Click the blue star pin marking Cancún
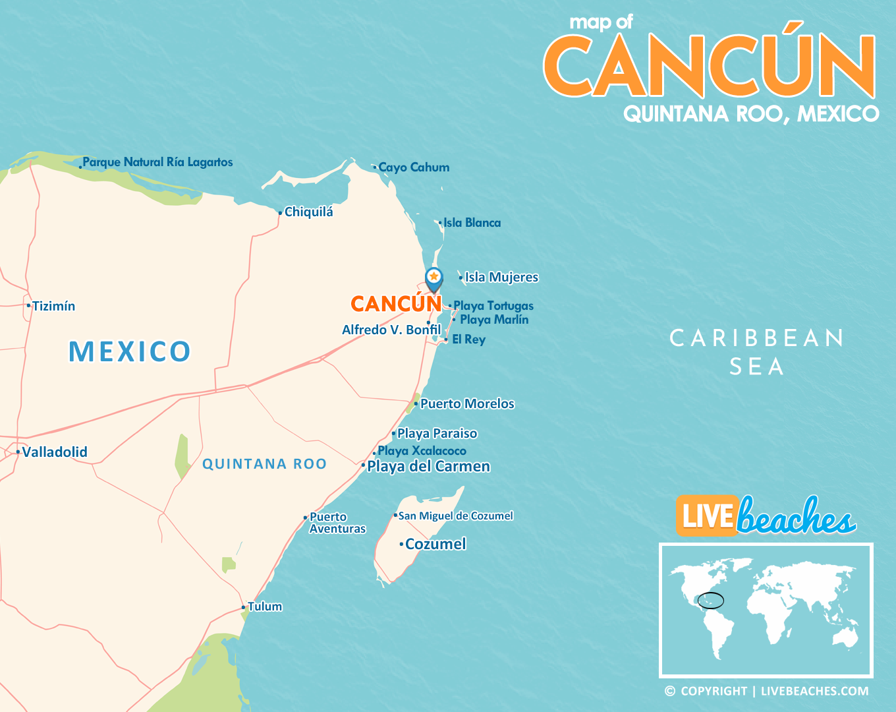434,278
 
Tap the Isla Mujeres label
501,278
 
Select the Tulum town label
265,607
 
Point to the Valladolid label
55,452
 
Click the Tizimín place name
54,307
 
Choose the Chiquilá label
308,212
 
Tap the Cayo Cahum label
414,167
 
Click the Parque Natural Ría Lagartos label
157,162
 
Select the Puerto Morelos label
467,403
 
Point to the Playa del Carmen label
428,467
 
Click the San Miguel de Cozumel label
455,516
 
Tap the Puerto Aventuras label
337,523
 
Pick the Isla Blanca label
472,223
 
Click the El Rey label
468,340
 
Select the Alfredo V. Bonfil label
391,330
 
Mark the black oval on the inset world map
711,601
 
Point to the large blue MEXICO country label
130,351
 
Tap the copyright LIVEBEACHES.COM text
767,691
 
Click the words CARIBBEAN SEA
757,352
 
